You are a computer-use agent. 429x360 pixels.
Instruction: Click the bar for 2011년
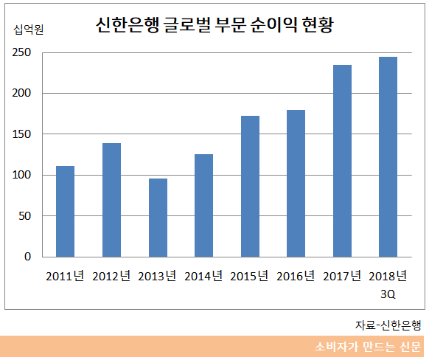click(x=66, y=212)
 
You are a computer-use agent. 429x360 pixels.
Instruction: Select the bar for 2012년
click(x=111, y=200)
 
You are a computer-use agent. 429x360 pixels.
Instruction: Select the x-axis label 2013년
click(x=157, y=277)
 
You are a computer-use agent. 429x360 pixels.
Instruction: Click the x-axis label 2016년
click(x=296, y=277)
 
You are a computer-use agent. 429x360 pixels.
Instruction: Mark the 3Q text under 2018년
click(x=387, y=293)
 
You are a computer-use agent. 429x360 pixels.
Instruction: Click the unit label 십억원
click(x=29, y=30)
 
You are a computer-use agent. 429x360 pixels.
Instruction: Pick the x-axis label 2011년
click(x=65, y=277)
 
